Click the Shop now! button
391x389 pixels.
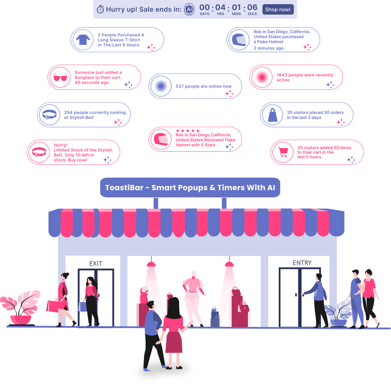point(278,10)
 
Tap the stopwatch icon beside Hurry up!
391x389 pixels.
point(100,10)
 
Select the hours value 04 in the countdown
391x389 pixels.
point(220,8)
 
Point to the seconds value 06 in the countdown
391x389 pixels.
point(252,8)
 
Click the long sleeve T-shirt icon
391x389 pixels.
point(83,40)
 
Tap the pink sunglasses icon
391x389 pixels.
point(60,77)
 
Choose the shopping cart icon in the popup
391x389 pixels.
point(283,152)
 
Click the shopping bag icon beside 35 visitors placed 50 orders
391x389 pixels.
point(272,115)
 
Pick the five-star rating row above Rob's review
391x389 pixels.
point(188,131)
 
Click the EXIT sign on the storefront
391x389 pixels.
point(96,264)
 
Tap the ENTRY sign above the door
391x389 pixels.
point(302,263)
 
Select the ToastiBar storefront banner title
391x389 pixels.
point(190,188)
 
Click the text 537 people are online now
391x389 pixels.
point(203,86)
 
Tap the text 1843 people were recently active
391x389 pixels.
point(305,78)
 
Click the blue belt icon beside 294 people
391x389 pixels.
point(50,115)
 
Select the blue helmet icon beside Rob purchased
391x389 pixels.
point(239,40)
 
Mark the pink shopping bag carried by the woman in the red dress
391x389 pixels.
point(53,306)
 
